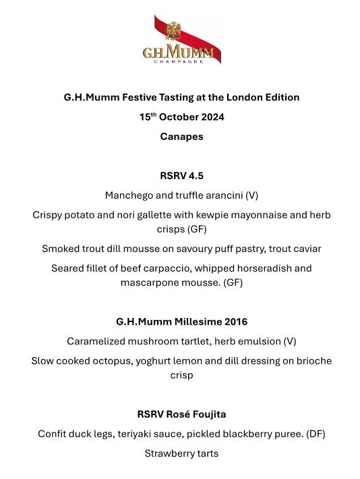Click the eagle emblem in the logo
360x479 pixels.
[x=174, y=30]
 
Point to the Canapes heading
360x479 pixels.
[x=181, y=136]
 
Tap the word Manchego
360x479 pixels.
[x=128, y=195]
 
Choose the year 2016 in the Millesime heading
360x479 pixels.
[x=234, y=321]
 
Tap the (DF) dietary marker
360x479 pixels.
[x=316, y=434]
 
